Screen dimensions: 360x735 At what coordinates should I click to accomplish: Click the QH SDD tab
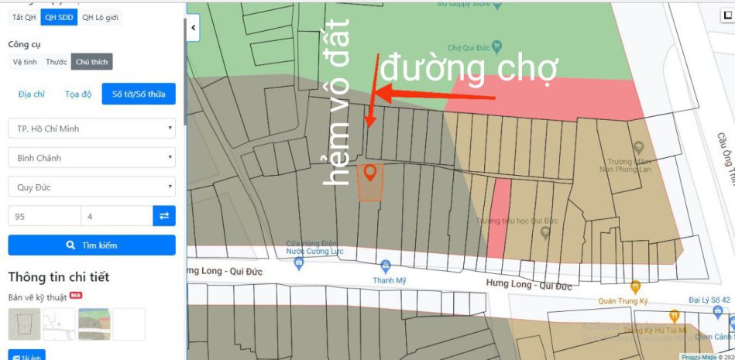tap(59, 17)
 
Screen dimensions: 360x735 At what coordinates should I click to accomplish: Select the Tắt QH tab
tap(24, 17)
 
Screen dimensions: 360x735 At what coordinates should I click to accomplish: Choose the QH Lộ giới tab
tap(101, 17)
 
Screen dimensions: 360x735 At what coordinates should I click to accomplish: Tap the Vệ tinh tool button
tap(25, 62)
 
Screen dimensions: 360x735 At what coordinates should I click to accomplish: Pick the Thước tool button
tap(56, 62)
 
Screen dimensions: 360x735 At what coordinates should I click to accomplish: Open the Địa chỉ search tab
tap(31, 94)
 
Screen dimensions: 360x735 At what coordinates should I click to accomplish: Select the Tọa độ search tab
tap(78, 94)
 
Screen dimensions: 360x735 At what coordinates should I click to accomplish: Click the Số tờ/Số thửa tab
tap(139, 94)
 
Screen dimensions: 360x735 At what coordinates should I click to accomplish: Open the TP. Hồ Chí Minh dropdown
tap(91, 129)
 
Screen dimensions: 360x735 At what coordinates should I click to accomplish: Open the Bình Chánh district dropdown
tap(91, 158)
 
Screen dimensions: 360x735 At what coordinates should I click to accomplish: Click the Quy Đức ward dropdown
tap(91, 187)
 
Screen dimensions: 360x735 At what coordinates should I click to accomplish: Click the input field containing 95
tap(43, 216)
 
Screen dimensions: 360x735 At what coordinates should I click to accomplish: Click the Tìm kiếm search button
tap(91, 245)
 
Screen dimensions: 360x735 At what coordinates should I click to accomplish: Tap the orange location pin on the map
tap(370, 173)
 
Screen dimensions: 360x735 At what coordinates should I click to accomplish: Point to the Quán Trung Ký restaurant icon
tap(636, 287)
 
